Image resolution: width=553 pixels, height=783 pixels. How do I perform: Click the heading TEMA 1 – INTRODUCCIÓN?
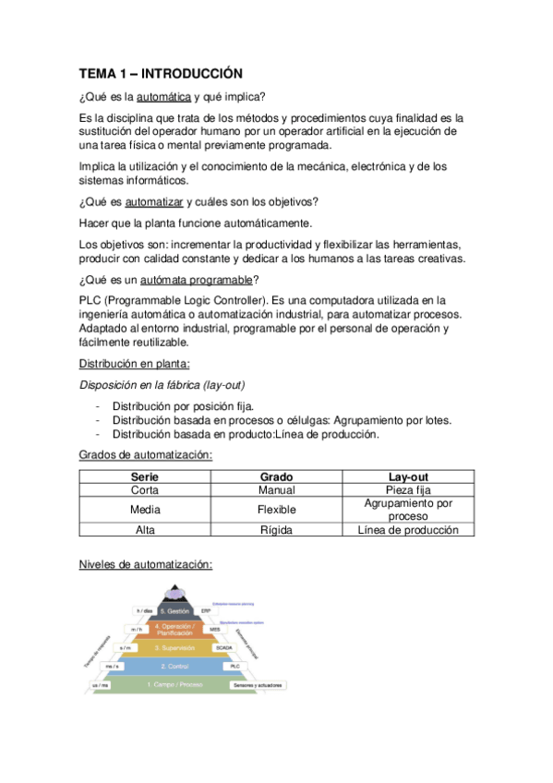(160, 73)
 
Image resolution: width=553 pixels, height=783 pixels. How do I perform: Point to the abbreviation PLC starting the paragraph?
(90, 300)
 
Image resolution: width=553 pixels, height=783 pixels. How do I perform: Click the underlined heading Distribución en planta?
(133, 363)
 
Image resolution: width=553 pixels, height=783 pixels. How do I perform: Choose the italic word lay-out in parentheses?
(223, 383)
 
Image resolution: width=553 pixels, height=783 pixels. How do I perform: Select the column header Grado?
(276, 476)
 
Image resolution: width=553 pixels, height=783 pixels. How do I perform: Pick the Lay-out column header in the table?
(407, 476)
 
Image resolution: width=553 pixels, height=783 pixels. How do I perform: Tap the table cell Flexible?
(276, 509)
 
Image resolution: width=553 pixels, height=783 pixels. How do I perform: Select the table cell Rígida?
(276, 529)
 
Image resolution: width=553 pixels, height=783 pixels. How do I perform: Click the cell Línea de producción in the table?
(407, 529)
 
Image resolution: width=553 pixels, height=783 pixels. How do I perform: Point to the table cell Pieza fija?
(407, 490)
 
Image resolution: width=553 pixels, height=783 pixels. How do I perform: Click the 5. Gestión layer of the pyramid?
(175, 611)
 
